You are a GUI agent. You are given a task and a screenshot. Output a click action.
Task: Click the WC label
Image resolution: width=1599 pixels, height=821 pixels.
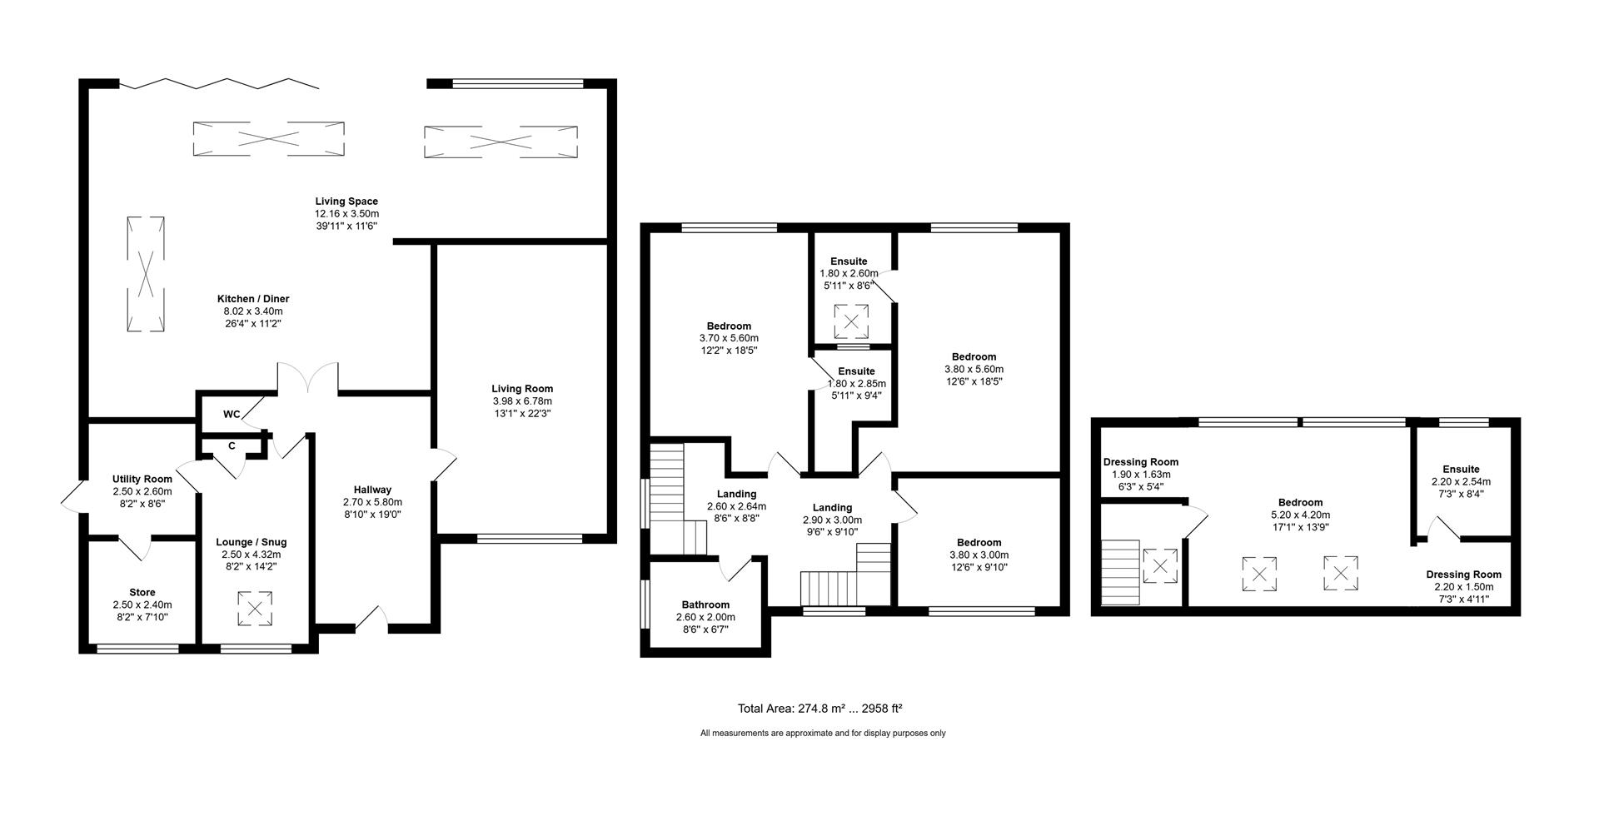tap(232, 415)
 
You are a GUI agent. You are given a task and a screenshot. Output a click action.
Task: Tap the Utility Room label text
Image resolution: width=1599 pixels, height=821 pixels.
tap(142, 479)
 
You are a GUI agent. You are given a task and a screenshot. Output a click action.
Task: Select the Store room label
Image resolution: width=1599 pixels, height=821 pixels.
tap(142, 593)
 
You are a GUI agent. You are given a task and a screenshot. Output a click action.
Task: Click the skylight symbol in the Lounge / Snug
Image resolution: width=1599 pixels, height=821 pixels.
tap(255, 608)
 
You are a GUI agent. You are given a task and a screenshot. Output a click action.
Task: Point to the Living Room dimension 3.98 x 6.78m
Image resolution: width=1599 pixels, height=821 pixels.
tap(522, 401)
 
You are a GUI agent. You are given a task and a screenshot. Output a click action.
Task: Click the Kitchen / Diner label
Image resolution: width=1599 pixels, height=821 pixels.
tap(253, 299)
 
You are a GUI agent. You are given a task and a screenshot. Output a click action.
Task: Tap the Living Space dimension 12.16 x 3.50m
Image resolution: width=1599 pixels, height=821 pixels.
tap(346, 214)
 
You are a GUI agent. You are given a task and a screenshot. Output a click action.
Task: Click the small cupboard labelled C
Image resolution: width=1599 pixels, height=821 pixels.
tap(232, 446)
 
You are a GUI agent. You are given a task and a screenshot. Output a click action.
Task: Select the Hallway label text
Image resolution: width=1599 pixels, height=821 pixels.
tap(372, 490)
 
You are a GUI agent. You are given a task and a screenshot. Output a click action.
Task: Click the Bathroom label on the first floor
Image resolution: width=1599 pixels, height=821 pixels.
tap(705, 605)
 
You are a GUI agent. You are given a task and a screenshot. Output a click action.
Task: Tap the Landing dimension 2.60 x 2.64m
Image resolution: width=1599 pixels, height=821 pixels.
tap(736, 506)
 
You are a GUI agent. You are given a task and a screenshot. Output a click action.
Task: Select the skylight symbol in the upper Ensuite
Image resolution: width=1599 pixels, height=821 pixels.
tap(852, 321)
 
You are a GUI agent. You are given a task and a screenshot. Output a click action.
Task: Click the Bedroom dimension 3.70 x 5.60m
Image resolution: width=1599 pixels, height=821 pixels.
tap(729, 338)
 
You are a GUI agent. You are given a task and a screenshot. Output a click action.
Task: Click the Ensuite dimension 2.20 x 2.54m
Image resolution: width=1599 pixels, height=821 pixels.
tap(1461, 481)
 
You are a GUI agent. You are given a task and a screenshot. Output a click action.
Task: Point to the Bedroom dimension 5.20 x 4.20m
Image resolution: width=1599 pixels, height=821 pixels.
tap(1300, 515)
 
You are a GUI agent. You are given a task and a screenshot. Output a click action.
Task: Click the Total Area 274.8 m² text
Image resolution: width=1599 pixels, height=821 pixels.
tap(819, 709)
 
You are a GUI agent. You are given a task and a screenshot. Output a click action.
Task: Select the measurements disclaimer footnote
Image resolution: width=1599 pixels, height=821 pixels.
tap(823, 734)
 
